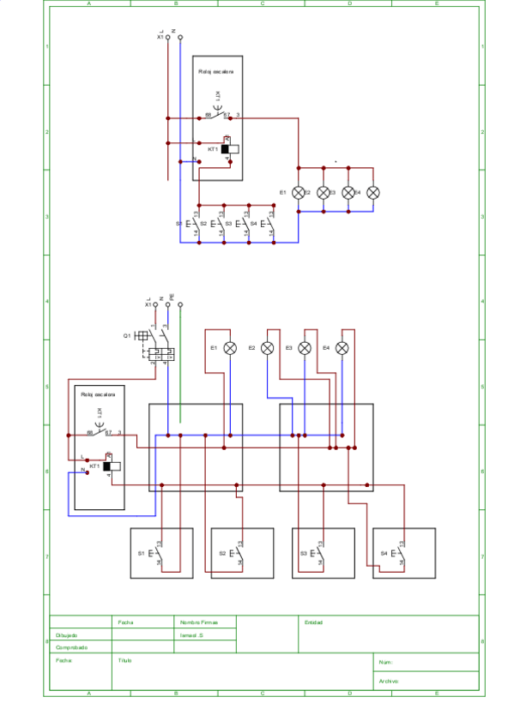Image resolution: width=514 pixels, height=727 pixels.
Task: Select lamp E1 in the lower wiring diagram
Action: (x=230, y=347)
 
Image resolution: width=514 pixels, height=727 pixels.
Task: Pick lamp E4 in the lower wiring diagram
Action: (x=342, y=347)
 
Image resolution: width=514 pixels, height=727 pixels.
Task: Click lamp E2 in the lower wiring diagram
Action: (x=268, y=347)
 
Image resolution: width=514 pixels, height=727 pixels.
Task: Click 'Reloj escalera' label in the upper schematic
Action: (x=216, y=72)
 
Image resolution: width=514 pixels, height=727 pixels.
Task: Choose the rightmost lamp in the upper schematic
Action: (x=373, y=193)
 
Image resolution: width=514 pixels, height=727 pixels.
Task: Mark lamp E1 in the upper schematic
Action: (x=299, y=193)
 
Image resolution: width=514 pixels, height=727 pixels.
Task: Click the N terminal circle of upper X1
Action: (x=180, y=38)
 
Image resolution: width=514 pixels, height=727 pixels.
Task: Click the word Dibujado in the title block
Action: (x=66, y=635)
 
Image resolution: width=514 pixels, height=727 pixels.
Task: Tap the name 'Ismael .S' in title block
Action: (x=191, y=635)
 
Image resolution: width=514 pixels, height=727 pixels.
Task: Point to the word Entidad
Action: (x=313, y=622)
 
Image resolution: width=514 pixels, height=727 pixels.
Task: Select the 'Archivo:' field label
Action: (x=388, y=682)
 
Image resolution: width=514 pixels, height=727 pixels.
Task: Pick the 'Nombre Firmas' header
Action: (x=199, y=622)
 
